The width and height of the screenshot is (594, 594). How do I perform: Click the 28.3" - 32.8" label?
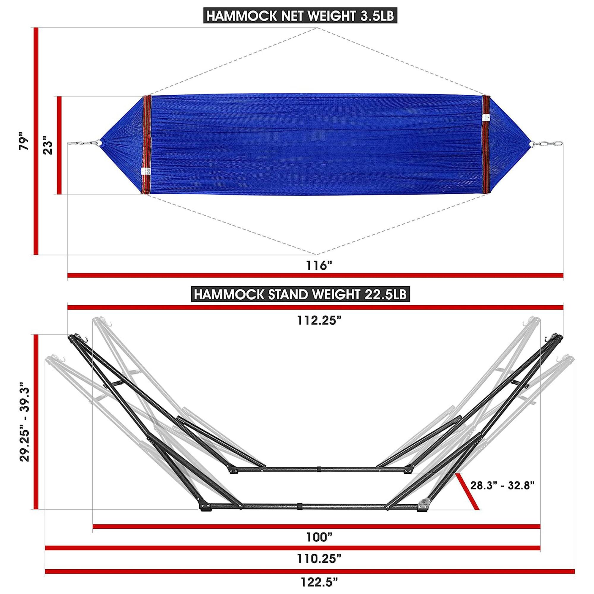pyautogui.click(x=503, y=494)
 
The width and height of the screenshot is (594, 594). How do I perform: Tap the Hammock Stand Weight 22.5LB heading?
pyautogui.click(x=300, y=295)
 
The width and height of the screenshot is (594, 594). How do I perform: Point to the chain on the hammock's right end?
pyautogui.click(x=551, y=143)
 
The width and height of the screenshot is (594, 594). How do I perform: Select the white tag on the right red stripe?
pyautogui.click(x=486, y=117)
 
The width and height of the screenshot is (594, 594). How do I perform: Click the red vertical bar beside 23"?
pyautogui.click(x=59, y=146)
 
